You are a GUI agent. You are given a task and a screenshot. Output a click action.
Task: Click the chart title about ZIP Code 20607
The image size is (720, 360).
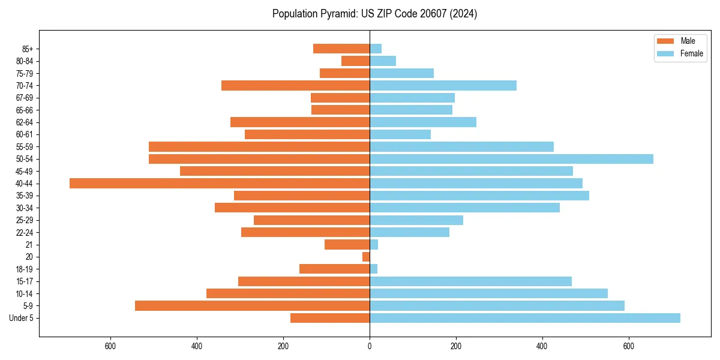click(374, 14)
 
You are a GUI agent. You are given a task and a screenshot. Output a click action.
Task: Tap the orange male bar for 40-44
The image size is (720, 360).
click(220, 184)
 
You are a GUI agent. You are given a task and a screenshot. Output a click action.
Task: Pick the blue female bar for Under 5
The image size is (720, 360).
click(525, 318)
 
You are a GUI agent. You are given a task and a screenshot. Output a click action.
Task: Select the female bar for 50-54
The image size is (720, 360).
click(511, 159)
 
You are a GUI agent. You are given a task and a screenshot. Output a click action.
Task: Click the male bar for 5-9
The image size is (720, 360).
click(252, 306)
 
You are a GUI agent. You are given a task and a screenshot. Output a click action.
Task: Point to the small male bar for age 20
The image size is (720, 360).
click(366, 257)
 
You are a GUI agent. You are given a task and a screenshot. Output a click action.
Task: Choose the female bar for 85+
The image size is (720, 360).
click(376, 49)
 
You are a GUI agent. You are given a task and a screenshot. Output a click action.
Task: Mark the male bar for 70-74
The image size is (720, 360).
click(295, 86)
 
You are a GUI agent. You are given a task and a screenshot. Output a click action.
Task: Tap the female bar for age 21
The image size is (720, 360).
click(374, 245)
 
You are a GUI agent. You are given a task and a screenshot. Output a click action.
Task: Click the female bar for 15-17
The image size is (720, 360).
click(470, 281)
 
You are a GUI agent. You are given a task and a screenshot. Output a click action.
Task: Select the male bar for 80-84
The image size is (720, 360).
click(355, 61)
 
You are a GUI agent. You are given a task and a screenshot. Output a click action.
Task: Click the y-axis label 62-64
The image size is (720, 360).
click(25, 122)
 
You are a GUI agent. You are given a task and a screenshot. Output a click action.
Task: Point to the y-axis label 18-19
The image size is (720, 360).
click(25, 269)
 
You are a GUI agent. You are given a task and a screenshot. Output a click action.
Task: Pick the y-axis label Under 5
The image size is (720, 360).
click(22, 318)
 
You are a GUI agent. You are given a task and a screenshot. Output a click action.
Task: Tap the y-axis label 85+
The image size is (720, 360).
click(28, 49)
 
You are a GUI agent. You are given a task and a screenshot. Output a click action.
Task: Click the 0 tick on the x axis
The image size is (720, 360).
click(370, 346)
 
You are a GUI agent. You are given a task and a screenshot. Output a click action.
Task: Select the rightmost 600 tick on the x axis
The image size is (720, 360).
click(629, 346)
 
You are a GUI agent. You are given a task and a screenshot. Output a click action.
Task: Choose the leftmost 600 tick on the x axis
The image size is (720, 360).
click(110, 346)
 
